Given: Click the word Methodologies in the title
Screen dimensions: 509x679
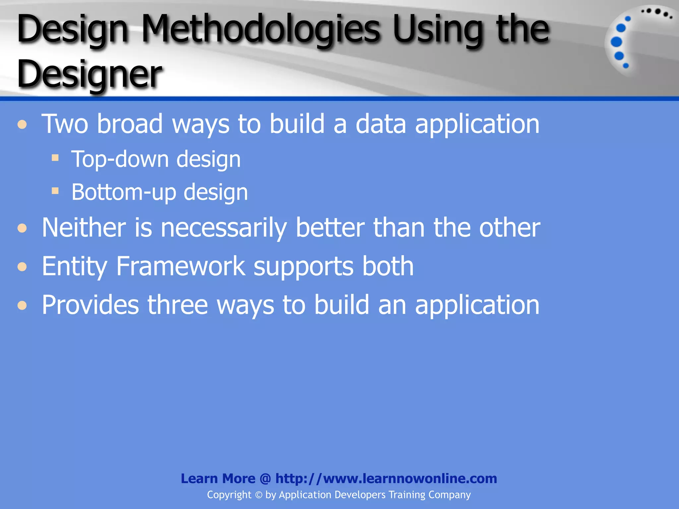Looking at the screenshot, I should [x=261, y=30].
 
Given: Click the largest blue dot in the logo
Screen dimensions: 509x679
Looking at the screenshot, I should [x=616, y=42].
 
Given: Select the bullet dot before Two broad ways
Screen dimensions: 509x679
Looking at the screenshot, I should [x=22, y=125].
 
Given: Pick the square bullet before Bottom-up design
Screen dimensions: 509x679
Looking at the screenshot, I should [x=55, y=191].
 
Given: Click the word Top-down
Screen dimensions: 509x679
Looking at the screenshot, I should [x=120, y=159].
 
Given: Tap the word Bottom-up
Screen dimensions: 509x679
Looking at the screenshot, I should [x=123, y=193].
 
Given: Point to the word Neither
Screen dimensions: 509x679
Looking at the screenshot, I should [x=84, y=228].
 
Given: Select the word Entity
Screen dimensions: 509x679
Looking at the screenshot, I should [x=74, y=267].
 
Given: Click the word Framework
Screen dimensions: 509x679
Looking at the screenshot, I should [x=181, y=266].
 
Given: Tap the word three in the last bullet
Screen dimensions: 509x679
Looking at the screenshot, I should [x=178, y=305].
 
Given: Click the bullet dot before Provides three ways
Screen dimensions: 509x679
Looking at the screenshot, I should [x=22, y=305].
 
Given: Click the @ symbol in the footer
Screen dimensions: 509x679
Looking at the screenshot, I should [x=265, y=479].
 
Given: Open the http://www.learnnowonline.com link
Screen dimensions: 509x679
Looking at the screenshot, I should [x=386, y=479].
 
